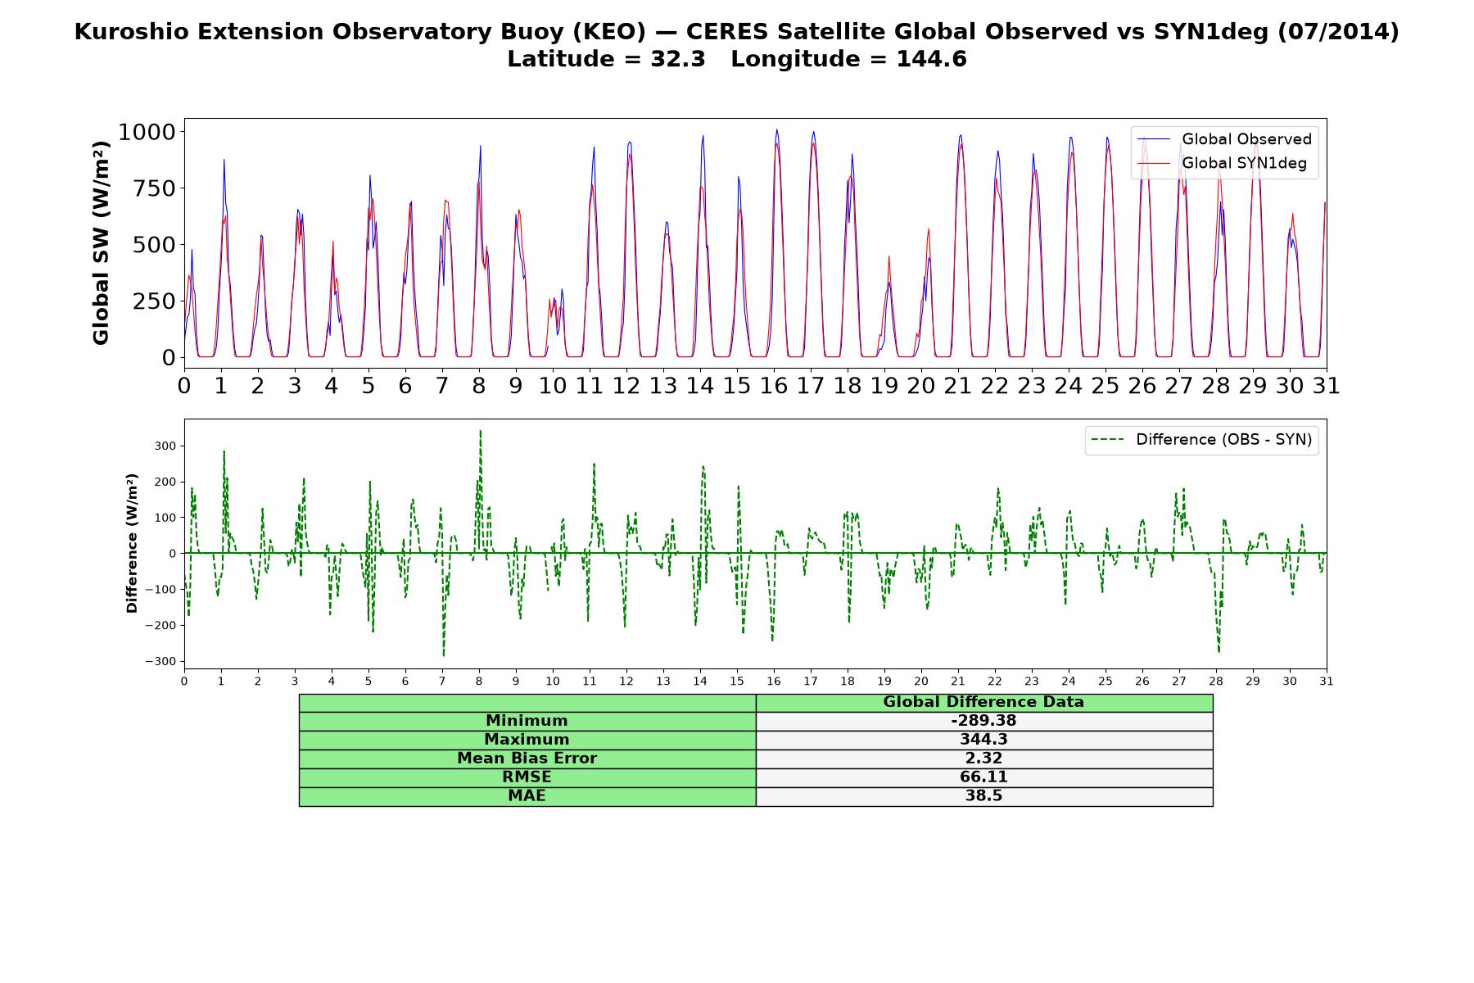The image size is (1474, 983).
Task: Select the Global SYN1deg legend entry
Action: pyautogui.click(x=1223, y=163)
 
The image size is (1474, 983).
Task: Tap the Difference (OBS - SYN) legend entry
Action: pyautogui.click(x=1202, y=440)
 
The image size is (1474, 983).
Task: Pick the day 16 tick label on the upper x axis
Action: pyautogui.click(x=774, y=385)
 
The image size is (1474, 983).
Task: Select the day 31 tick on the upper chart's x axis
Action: pyautogui.click(x=1326, y=385)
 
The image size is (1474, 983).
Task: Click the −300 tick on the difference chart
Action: pyautogui.click(x=161, y=662)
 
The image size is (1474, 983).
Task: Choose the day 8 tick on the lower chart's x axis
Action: pyautogui.click(x=479, y=681)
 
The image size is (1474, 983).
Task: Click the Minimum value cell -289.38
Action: pyautogui.click(x=983, y=721)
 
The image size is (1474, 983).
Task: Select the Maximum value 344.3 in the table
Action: pyautogui.click(x=983, y=740)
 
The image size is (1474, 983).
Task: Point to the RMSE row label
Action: pyautogui.click(x=527, y=777)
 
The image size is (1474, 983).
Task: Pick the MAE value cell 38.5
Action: pyautogui.click(x=983, y=796)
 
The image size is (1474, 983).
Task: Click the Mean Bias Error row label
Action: pyautogui.click(x=527, y=759)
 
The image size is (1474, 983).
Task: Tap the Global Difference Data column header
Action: pyautogui.click(x=983, y=702)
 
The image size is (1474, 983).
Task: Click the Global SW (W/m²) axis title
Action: pyautogui.click(x=101, y=242)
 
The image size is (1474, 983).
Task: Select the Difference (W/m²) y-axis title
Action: pyautogui.click(x=132, y=543)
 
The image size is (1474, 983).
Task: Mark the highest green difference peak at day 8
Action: pyautogui.click(x=480, y=431)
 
